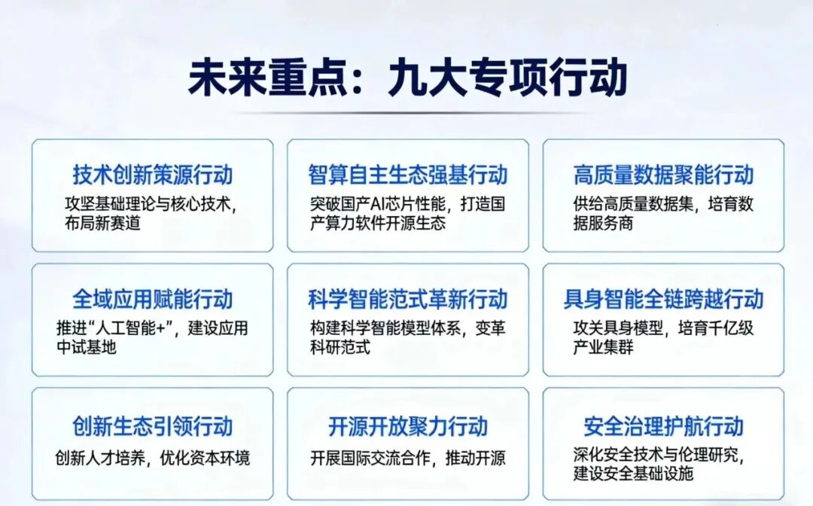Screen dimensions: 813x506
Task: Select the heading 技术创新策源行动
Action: point(153,175)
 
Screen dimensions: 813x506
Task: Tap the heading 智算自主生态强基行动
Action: point(407,175)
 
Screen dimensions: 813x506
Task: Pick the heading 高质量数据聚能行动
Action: point(663,175)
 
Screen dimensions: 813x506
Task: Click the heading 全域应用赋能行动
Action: point(153,299)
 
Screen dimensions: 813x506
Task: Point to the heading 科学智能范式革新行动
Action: point(407,299)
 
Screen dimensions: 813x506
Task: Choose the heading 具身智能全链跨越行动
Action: point(663,299)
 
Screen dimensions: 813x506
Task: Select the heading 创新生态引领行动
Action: point(153,426)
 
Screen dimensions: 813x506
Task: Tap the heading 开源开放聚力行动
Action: point(407,426)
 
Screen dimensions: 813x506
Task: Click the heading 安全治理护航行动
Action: point(663,426)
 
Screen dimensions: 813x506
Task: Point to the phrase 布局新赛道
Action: point(102,223)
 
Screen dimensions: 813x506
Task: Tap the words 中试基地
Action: point(87,347)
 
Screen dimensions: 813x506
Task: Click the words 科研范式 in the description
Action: point(340,347)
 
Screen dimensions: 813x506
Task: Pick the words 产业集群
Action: point(603,347)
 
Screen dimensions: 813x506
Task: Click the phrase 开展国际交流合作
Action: point(370,458)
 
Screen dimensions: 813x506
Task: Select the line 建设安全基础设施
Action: point(633,474)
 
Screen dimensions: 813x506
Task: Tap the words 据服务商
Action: point(603,223)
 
